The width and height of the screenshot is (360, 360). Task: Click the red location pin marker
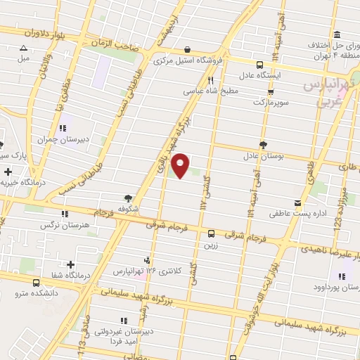tap(181, 165)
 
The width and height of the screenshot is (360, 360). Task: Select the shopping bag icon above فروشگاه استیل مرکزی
tap(187, 49)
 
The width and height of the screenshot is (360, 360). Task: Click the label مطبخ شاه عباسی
tap(211, 91)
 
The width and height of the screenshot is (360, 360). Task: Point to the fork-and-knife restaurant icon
tap(210, 80)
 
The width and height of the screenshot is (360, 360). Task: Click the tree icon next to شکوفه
tap(127, 198)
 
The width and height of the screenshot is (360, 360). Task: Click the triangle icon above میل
tap(22, 49)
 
